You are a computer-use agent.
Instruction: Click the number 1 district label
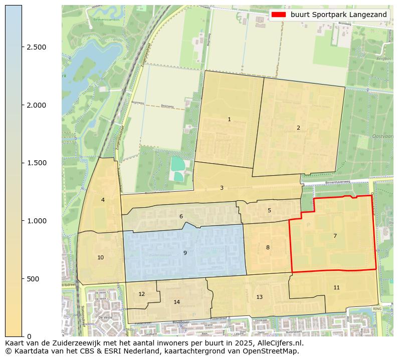pyautogui.click(x=229, y=119)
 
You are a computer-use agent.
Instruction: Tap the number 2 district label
pyautogui.click(x=298, y=128)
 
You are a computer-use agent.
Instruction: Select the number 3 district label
pyautogui.click(x=222, y=188)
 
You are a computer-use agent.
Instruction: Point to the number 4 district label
pyautogui.click(x=103, y=200)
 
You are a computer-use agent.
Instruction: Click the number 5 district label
pyautogui.click(x=269, y=210)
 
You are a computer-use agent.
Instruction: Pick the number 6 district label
pyautogui.click(x=181, y=216)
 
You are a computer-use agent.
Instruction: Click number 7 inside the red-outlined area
pyautogui.click(x=335, y=235)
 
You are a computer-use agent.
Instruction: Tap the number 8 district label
pyautogui.click(x=268, y=247)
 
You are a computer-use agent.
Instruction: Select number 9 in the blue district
pyautogui.click(x=185, y=253)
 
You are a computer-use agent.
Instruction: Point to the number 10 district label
pyautogui.click(x=101, y=257)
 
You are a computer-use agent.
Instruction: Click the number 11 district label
pyautogui.click(x=336, y=287)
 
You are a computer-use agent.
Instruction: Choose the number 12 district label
pyautogui.click(x=141, y=294)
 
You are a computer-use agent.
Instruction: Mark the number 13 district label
pyautogui.click(x=259, y=297)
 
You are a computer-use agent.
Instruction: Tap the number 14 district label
pyautogui.click(x=176, y=302)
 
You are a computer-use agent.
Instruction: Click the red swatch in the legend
pyautogui.click(x=279, y=15)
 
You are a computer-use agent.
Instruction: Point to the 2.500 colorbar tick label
pyautogui.click(x=36, y=47)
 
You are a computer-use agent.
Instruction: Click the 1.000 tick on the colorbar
pyautogui.click(x=36, y=221)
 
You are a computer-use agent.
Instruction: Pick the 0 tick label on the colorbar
pyautogui.click(x=29, y=336)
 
